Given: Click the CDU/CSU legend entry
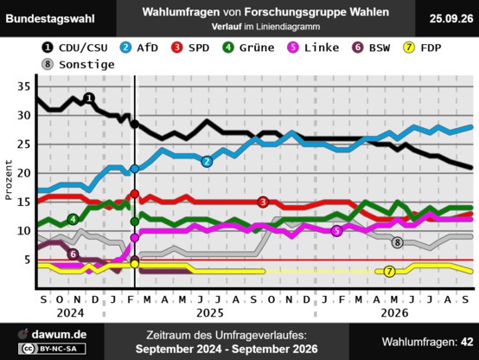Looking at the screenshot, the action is click(x=74, y=48).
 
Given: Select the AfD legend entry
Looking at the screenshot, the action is click(x=138, y=48).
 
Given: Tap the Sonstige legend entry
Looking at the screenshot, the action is click(x=78, y=65).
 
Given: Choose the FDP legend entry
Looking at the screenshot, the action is click(x=422, y=48).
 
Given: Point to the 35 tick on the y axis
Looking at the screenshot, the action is click(x=24, y=87).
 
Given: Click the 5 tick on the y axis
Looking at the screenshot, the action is click(x=28, y=260).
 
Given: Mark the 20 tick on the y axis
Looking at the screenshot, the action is click(x=24, y=173).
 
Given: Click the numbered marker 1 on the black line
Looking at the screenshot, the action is click(x=89, y=98).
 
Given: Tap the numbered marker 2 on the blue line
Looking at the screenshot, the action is click(x=207, y=162).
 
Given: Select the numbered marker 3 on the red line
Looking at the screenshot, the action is click(x=263, y=202).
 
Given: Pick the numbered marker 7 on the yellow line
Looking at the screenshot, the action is click(x=389, y=272).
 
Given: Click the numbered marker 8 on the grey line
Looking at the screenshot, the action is click(x=397, y=242).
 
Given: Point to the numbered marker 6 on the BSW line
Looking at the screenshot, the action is click(x=73, y=254).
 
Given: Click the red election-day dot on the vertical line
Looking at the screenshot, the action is click(x=135, y=194).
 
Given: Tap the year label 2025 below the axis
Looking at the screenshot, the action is click(x=210, y=313).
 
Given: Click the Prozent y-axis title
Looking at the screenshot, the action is click(x=9, y=180).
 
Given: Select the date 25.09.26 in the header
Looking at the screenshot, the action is click(x=451, y=19).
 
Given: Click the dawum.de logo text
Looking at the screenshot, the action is click(x=59, y=334).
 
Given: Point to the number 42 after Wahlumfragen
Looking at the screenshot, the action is click(x=467, y=342).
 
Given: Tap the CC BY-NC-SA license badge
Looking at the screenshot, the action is click(x=52, y=349).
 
